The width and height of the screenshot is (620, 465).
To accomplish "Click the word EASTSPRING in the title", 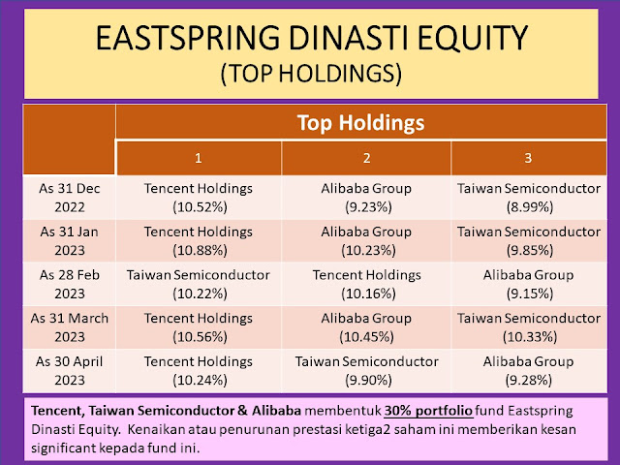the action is (188, 38).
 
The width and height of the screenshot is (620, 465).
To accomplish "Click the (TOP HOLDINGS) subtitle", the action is (311, 74).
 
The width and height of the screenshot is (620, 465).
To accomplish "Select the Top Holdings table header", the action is (360, 122).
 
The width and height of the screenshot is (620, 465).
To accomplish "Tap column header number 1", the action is (199, 158).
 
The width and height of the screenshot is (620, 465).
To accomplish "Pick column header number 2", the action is (366, 158).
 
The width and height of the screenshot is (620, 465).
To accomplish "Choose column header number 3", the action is (528, 158).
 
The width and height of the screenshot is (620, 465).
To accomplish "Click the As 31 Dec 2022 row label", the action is (70, 198).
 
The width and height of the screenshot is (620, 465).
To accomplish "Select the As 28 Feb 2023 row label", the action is (70, 284).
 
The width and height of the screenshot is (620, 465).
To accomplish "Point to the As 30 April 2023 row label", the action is (70, 370).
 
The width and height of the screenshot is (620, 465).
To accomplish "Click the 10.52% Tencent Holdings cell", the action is (199, 198).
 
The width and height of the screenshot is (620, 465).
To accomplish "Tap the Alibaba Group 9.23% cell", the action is (366, 198).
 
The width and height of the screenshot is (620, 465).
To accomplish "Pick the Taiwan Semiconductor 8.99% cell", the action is (529, 198).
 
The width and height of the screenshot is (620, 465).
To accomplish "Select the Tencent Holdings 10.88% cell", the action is (199, 241).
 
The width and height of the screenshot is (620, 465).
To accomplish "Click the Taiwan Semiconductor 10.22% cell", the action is (199, 284).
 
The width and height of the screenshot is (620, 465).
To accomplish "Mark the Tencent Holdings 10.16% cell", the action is (367, 284).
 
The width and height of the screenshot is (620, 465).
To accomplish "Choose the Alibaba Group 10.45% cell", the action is (366, 327).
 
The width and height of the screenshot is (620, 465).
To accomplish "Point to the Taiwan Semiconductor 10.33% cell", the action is (529, 327).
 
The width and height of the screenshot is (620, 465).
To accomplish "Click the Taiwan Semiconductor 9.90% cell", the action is (367, 370).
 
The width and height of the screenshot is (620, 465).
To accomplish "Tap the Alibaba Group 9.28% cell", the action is (529, 370).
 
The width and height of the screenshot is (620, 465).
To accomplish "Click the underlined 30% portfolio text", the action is (428, 411).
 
